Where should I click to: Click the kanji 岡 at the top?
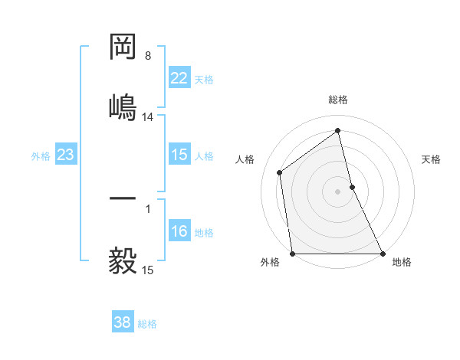coord(123,48)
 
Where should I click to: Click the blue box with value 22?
coord(179,78)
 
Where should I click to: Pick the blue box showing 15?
coord(179,155)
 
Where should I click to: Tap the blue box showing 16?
coord(179,231)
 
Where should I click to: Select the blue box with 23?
coord(65,155)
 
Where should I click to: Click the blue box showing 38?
coord(122,322)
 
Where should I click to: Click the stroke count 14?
coord(148,117)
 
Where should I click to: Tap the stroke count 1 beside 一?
coord(148,208)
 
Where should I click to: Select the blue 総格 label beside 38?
coord(147,324)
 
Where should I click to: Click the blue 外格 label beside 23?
coord(41,156)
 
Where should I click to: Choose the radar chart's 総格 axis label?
coord(338,100)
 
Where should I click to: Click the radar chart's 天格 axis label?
coord(432,159)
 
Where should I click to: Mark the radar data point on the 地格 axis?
coord(382,253)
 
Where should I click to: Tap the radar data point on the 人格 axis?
coord(280,172)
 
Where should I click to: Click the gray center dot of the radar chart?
coord(338,191)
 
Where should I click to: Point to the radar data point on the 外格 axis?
coord(292,253)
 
